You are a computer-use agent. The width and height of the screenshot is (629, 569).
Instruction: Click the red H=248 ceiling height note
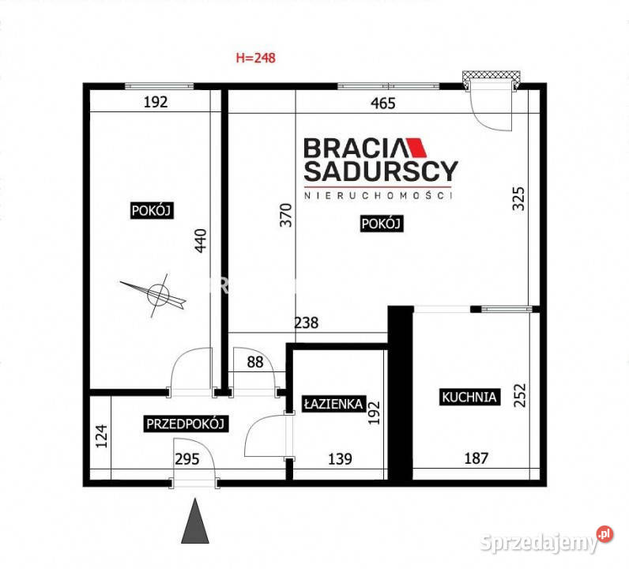point(255,58)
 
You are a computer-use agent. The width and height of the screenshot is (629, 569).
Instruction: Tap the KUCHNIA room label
point(469,397)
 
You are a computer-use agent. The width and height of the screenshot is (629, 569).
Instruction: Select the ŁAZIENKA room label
point(333,404)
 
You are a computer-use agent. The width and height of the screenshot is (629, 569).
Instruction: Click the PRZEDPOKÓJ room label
point(186,424)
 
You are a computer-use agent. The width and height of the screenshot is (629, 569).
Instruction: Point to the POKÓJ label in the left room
point(152,210)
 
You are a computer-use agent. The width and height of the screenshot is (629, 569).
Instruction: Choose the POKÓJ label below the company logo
point(381,224)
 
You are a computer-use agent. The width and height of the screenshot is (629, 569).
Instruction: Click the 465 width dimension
point(383,103)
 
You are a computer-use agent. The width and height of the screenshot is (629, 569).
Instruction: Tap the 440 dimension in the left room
point(201,240)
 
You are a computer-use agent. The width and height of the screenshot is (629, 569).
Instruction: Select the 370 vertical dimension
point(286,215)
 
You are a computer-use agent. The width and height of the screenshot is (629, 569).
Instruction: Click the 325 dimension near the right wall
point(518,198)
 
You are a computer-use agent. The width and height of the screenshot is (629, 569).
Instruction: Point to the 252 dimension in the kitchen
point(519,395)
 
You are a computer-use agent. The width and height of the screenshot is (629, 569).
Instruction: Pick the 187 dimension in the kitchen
point(476,458)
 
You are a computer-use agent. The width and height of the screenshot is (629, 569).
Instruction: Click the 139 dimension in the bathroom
point(340,458)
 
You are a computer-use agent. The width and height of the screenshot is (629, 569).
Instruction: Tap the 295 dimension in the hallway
point(187,458)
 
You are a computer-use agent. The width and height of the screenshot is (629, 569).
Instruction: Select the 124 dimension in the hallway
point(101,436)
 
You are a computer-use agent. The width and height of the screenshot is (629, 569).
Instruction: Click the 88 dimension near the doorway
point(255,362)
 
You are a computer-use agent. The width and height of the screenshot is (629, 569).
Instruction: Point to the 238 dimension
point(307,322)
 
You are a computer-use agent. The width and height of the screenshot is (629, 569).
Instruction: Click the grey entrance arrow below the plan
point(195,521)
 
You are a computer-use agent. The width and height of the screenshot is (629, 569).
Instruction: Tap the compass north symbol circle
point(158,295)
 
